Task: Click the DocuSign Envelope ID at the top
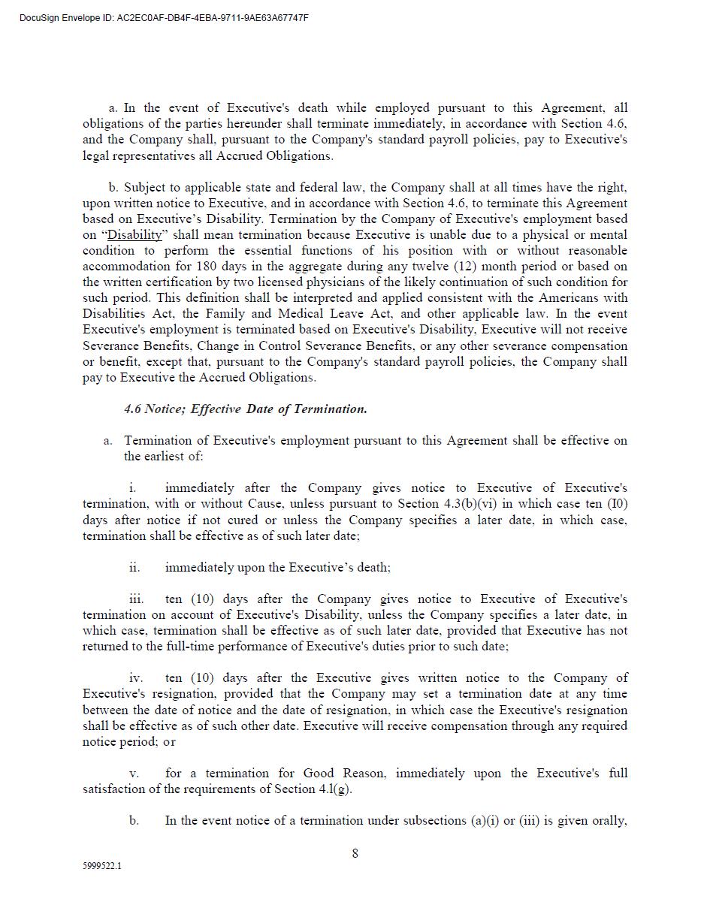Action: click(164, 18)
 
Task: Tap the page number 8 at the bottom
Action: click(355, 853)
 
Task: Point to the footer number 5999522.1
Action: click(102, 866)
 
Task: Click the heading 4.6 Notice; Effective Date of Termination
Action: click(246, 409)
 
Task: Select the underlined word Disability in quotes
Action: click(134, 235)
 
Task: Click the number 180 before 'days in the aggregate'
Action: click(207, 267)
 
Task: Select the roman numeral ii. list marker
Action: click(134, 568)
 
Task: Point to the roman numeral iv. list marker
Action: click(136, 678)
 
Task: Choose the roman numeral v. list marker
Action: click(134, 774)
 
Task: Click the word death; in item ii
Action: click(370, 568)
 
